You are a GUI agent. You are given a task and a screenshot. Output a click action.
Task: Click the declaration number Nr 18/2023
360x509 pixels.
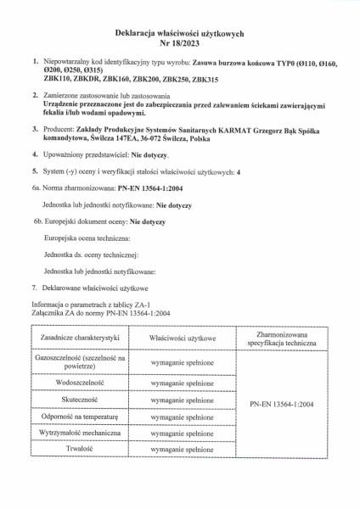[x=180, y=42]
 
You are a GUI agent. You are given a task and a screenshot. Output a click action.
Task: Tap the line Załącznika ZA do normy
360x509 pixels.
[x=102, y=310]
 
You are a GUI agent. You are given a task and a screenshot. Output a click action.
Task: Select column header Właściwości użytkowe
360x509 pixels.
[x=182, y=338]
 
